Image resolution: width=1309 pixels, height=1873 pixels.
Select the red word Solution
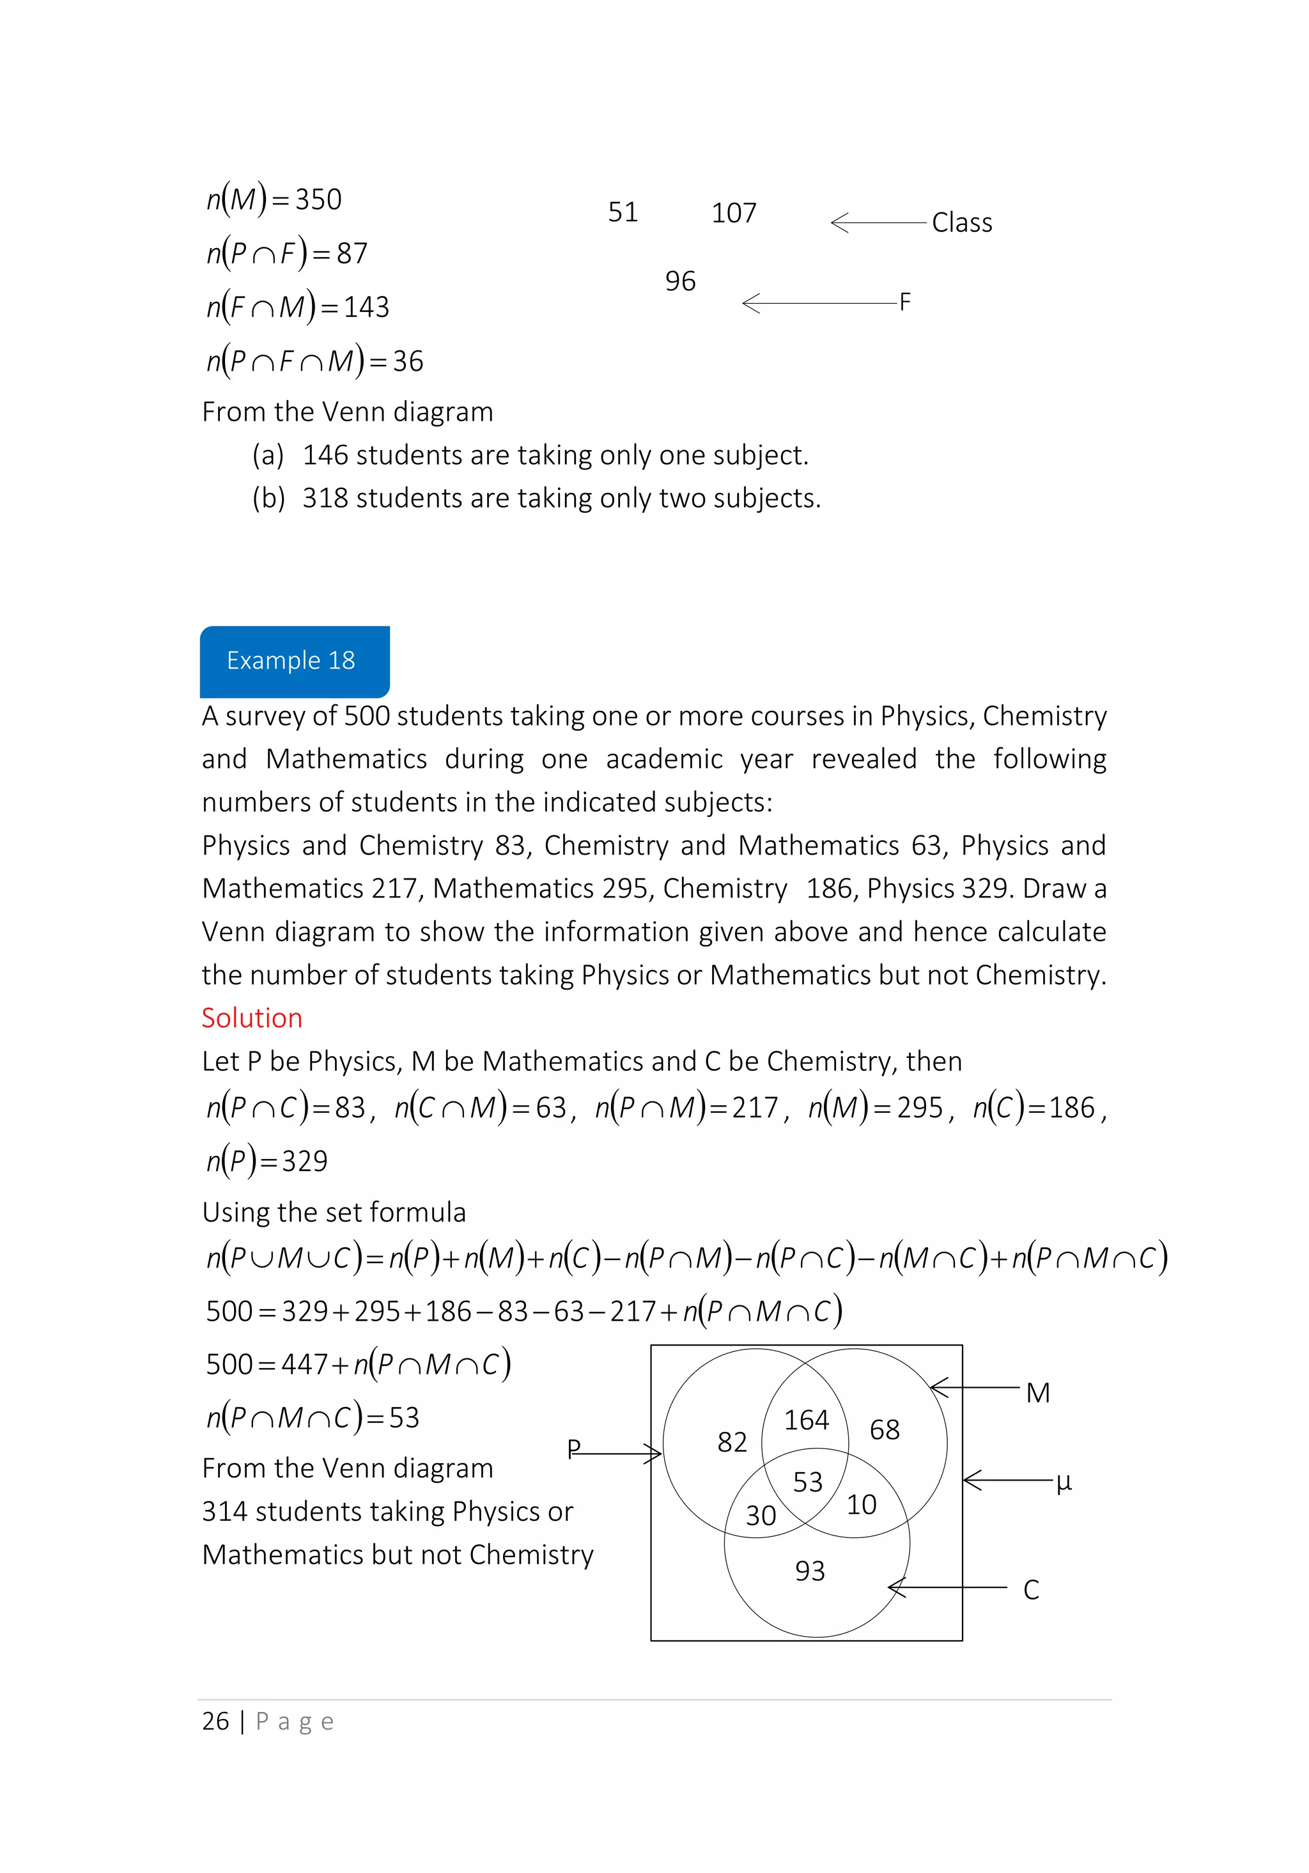[x=251, y=1018]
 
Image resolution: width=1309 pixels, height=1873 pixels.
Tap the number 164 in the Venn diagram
[x=806, y=1420]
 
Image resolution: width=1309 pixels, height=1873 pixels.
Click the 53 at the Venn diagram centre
[x=807, y=1481]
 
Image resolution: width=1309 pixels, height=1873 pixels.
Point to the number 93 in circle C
[x=810, y=1571]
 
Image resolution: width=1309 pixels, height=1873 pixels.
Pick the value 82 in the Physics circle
[x=732, y=1442]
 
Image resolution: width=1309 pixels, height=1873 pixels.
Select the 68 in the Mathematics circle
[x=884, y=1429]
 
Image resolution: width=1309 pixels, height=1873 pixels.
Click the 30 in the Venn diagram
[x=760, y=1516]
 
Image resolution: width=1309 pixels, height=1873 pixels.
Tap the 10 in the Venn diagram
[x=861, y=1504]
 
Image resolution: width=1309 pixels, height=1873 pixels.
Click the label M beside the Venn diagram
[x=1037, y=1392]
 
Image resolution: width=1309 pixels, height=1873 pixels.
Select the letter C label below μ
[x=1031, y=1590]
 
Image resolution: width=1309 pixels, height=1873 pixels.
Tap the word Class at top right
[x=961, y=222]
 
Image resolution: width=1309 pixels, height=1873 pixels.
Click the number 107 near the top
[x=733, y=213]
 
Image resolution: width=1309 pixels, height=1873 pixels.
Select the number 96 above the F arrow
[x=679, y=281]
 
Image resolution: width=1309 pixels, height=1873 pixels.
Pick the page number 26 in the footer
[x=215, y=1721]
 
